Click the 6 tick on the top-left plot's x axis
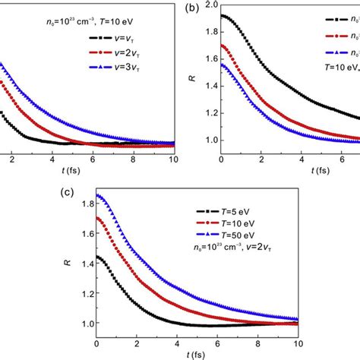(x=92, y=159)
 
